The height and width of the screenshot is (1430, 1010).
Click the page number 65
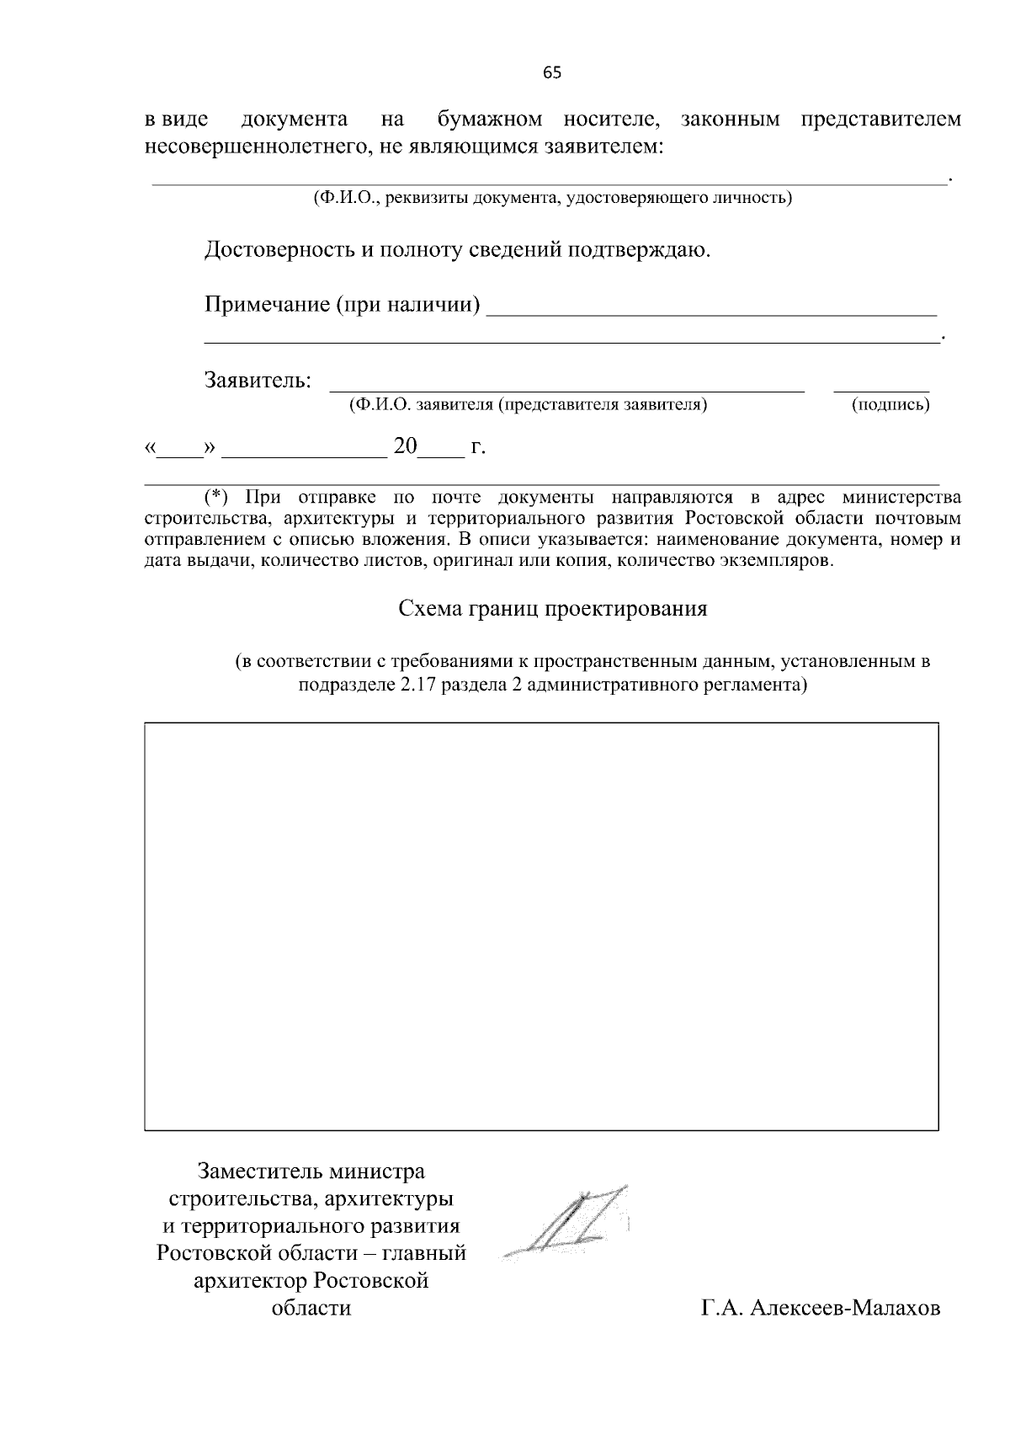pos(551,72)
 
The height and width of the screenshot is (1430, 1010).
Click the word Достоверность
pos(283,250)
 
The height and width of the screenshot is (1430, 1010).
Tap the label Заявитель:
pos(258,381)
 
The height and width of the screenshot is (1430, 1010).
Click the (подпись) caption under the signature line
pos(890,405)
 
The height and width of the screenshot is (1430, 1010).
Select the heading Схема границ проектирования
pos(552,609)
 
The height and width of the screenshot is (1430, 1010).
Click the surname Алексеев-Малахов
pos(844,1308)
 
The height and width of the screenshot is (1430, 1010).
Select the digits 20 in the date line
pos(406,446)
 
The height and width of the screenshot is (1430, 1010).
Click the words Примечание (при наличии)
pos(343,304)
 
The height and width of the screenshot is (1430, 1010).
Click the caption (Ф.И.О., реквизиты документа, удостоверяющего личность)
pos(552,198)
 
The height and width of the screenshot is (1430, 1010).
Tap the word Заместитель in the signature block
pos(261,1171)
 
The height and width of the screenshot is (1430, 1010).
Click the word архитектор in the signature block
pos(250,1281)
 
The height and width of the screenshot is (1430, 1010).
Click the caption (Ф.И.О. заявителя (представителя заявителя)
pos(528,405)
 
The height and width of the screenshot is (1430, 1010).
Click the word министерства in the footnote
pos(901,497)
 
